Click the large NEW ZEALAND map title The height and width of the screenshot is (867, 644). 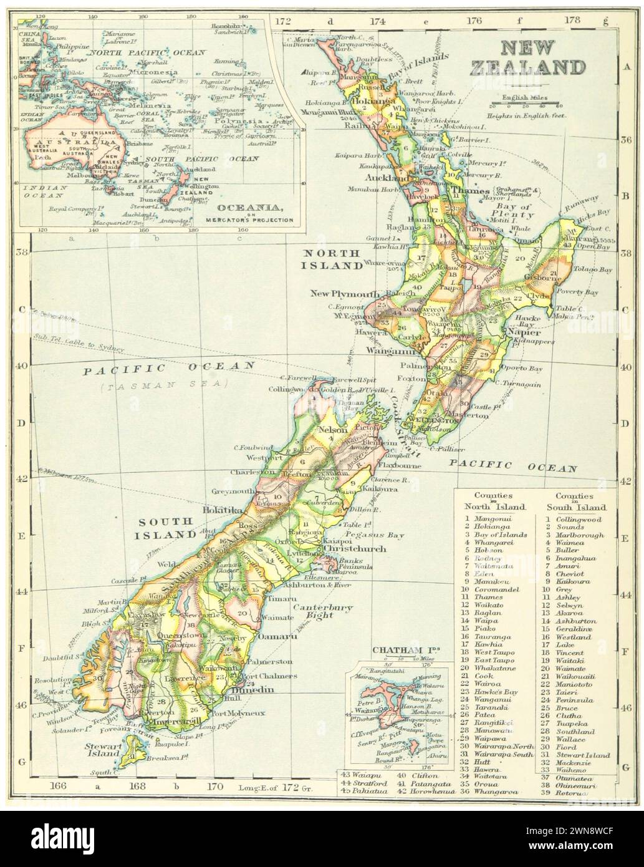(x=543, y=57)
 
